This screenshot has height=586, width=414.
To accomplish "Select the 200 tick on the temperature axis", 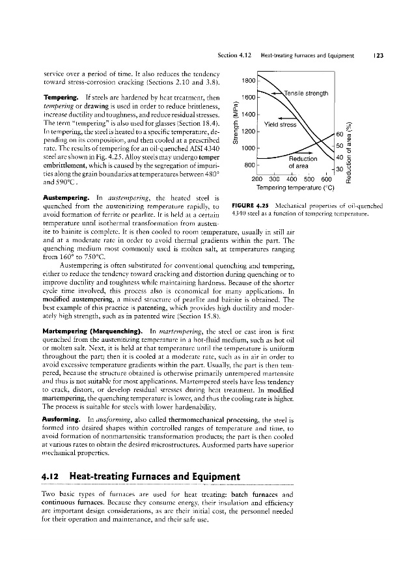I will pos(259,180).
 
